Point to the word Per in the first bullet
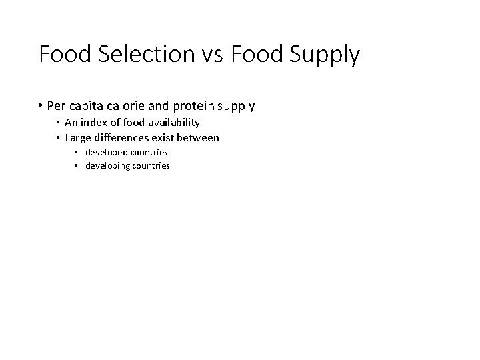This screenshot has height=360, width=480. coord(57,105)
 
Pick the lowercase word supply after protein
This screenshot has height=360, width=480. coord(238,106)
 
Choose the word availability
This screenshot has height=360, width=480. coord(172,123)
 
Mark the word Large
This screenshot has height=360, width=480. coord(77,137)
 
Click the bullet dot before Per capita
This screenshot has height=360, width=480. coord(41,105)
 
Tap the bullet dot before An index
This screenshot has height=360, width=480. coord(57,122)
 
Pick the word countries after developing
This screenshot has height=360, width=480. coord(150,165)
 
